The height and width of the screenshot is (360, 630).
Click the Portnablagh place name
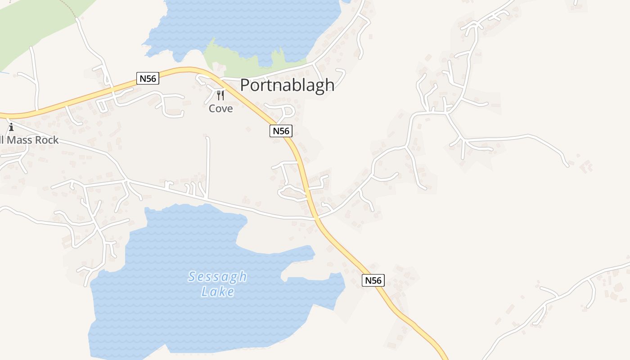tap(287, 85)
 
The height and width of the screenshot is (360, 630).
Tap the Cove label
tap(220, 108)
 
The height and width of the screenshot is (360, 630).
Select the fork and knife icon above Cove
tap(220, 95)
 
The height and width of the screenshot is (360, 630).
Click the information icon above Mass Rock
tap(11, 127)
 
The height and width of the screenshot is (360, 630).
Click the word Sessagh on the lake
tap(217, 276)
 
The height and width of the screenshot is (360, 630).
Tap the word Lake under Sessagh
tap(218, 292)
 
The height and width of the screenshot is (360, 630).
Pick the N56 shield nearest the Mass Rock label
tap(148, 78)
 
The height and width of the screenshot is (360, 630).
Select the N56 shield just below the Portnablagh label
tap(281, 131)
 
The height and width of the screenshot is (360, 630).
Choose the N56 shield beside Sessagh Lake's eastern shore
tap(373, 280)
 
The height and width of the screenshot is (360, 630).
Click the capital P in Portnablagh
tap(245, 85)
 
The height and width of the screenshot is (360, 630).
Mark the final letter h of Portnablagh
tap(330, 85)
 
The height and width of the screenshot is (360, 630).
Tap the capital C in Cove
tap(212, 108)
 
